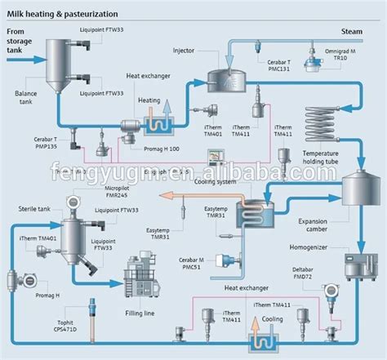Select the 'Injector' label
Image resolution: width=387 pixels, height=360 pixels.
click(x=184, y=51)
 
